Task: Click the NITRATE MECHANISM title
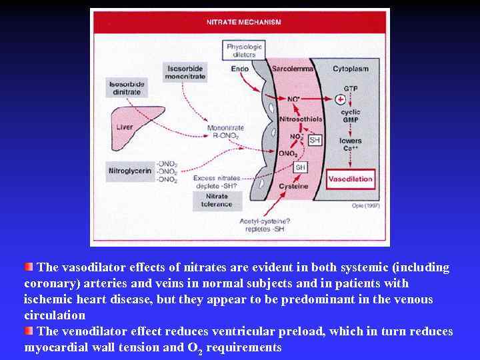pos(243,22)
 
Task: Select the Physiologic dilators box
pos(245,50)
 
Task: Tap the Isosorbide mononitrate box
pos(185,72)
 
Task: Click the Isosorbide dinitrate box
pos(127,87)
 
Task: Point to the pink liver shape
pos(131,133)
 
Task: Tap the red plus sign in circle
pos(341,99)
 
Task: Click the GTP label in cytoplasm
pos(351,88)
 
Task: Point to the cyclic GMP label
pos(351,116)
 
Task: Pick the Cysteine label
pos(293,187)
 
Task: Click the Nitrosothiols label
pos(301,119)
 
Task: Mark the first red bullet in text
pos(29,267)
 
